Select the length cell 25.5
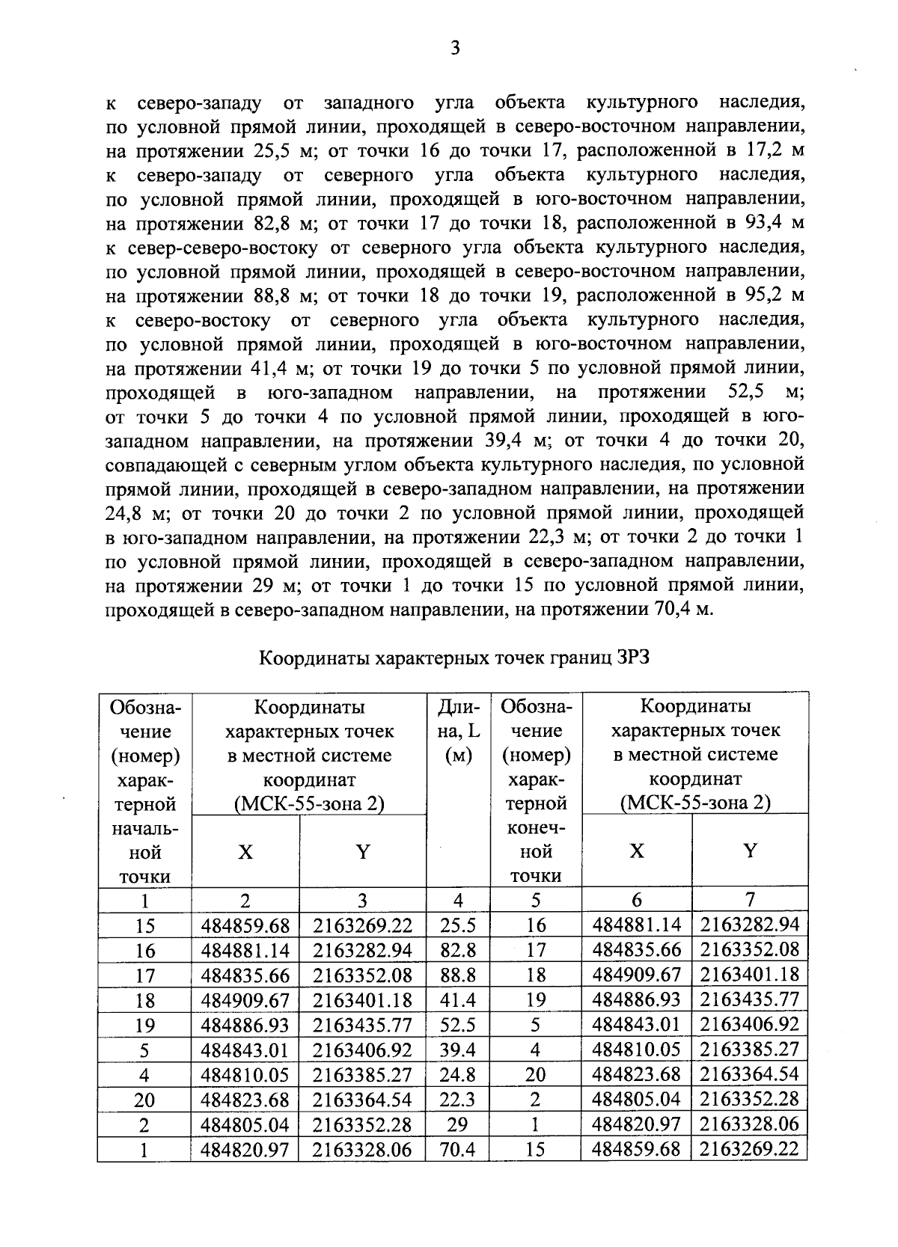457,925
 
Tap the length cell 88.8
457,975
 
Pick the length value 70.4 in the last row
457,1149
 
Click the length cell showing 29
457,1124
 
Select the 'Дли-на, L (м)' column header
457,731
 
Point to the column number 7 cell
750,898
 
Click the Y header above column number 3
362,851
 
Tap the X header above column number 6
636,851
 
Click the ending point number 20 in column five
535,1074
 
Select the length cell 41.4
457,1000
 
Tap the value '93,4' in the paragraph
763,223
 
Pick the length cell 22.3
457,1100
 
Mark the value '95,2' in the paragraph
763,295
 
